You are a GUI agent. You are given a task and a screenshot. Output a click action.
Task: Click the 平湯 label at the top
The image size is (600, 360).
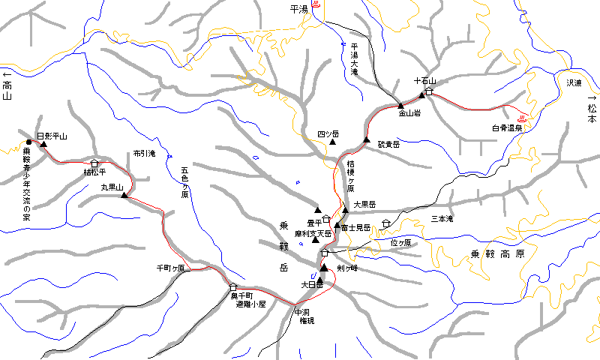pyautogui.click(x=298, y=9)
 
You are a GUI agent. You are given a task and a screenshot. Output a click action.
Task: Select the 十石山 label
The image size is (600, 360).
pyautogui.click(x=424, y=80)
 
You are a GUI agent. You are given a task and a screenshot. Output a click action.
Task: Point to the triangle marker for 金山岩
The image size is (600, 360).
pyautogui.click(x=400, y=105)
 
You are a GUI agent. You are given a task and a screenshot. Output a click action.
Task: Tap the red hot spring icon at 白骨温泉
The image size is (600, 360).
pyautogui.click(x=522, y=118)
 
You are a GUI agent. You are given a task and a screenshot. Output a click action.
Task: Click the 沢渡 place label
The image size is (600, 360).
pyautogui.click(x=574, y=82)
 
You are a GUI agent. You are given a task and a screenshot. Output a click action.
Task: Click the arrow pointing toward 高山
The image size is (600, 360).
pyautogui.click(x=7, y=75)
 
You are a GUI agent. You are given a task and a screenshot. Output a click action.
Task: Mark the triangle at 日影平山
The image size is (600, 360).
pyautogui.click(x=43, y=145)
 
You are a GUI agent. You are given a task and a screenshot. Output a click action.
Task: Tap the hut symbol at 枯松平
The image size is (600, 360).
pyautogui.click(x=94, y=163)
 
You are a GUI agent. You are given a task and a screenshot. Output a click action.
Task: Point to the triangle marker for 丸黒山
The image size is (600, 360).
pyautogui.click(x=124, y=196)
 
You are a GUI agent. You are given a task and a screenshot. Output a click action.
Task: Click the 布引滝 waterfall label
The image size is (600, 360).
pyautogui.click(x=144, y=152)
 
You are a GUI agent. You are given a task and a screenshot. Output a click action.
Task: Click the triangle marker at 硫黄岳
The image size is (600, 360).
pyautogui.click(x=367, y=140)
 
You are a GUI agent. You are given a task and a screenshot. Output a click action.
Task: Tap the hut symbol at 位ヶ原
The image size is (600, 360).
pyautogui.click(x=385, y=223)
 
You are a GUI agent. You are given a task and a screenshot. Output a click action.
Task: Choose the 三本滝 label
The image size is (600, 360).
pyautogui.click(x=442, y=219)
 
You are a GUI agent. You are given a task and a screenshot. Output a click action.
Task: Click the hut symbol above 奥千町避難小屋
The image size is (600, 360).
pyautogui.click(x=233, y=286)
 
